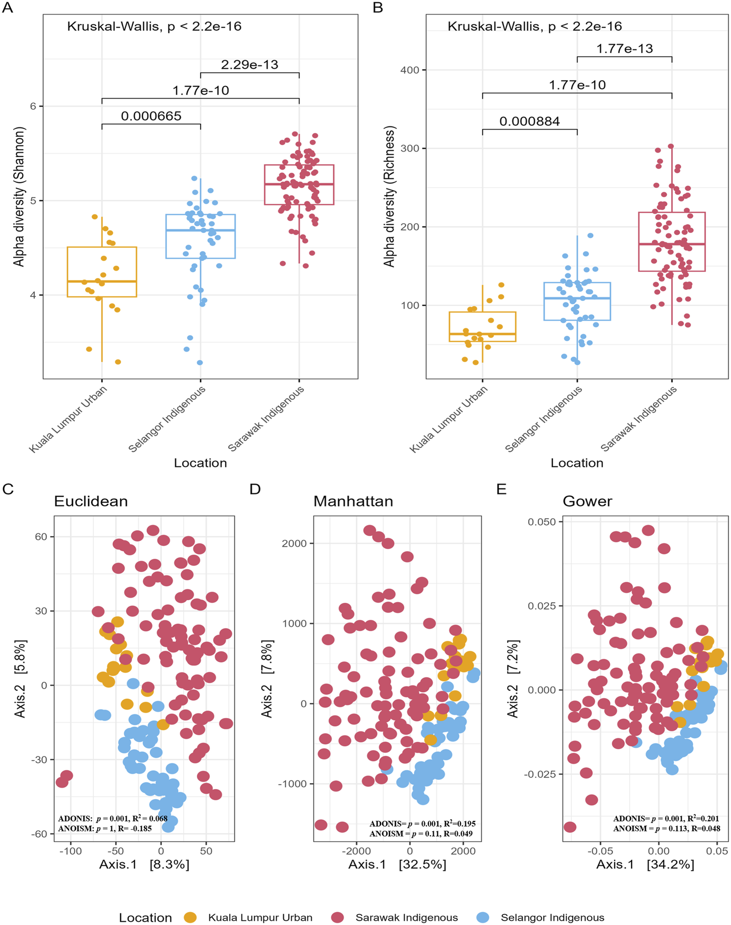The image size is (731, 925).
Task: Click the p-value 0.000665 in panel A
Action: click(151, 116)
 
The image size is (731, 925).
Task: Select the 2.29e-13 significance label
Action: click(250, 65)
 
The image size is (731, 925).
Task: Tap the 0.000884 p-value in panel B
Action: click(529, 122)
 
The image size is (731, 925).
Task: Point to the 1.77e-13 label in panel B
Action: click(625, 48)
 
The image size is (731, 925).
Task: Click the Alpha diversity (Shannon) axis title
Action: click(19, 196)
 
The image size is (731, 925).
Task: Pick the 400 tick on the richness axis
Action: click(410, 70)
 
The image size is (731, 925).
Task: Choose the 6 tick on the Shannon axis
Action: click(33, 106)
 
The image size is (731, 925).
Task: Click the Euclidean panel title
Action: click(91, 501)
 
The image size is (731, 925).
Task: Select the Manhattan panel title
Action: click(353, 501)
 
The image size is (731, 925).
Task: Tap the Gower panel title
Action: click(587, 501)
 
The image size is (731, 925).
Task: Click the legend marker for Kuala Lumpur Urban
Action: click(190, 917)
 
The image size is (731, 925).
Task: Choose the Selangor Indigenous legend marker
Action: click(483, 917)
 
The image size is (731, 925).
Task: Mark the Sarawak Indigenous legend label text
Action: click(407, 918)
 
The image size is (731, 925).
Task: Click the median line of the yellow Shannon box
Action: click(102, 281)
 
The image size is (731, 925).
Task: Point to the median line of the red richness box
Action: click(672, 244)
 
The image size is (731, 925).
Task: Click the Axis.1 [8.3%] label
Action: click(144, 864)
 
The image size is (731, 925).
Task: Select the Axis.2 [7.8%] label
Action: click(266, 679)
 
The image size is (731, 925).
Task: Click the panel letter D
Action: click(255, 489)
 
